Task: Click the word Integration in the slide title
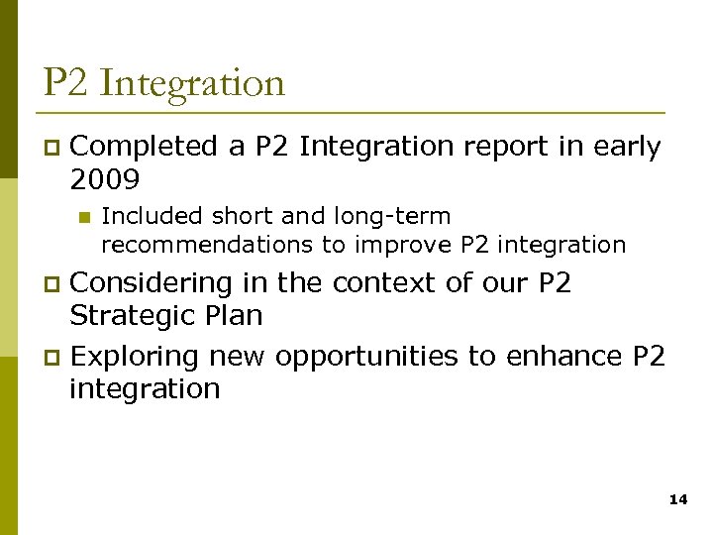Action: click(x=192, y=83)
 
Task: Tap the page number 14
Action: click(x=678, y=500)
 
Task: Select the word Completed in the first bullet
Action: click(x=145, y=147)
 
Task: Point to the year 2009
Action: click(x=105, y=179)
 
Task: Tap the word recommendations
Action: click(x=198, y=244)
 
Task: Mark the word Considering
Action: click(x=153, y=283)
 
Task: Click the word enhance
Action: click(x=562, y=356)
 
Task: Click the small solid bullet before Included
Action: click(x=82, y=217)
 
